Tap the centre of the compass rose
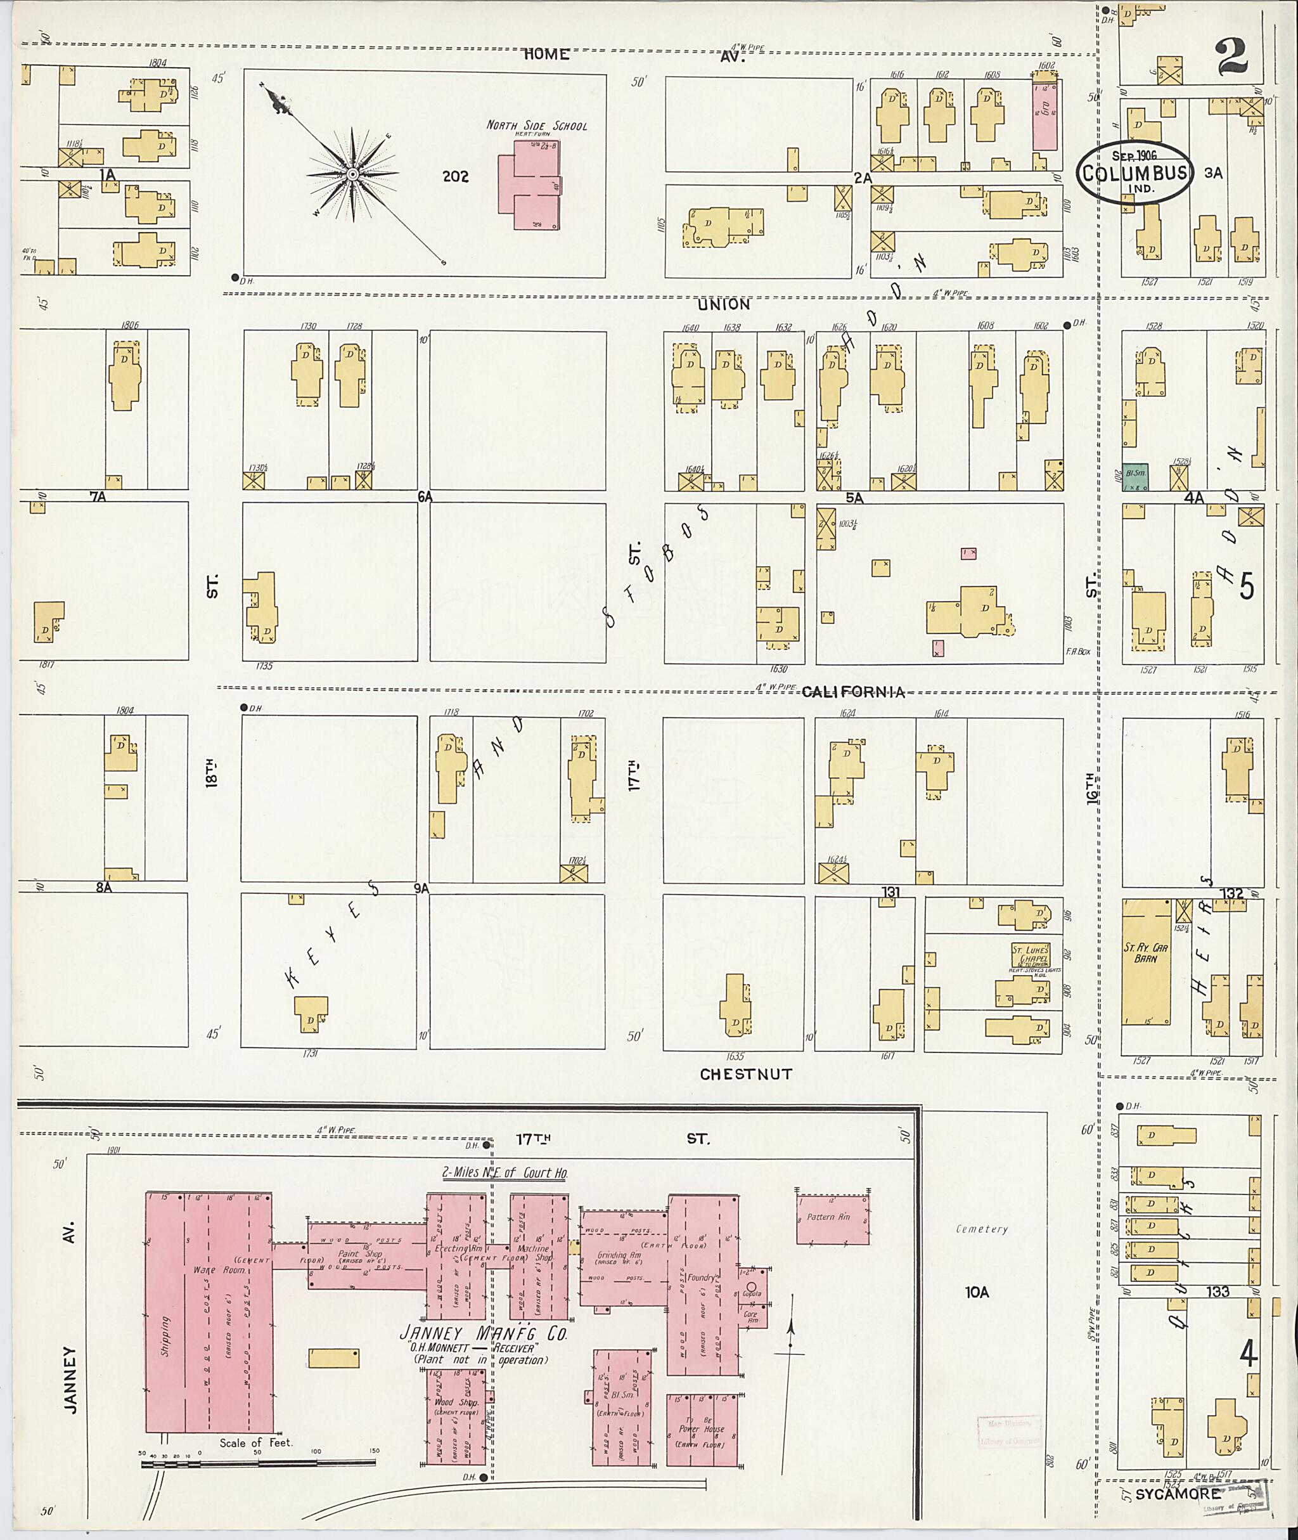pos(352,174)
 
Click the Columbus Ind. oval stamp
pos(1134,172)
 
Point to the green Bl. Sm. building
pos(1135,476)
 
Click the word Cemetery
pos(982,1229)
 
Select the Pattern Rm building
pos(832,1219)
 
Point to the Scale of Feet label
pos(256,1443)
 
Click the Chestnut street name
pos(745,1074)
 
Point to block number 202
pos(456,177)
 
